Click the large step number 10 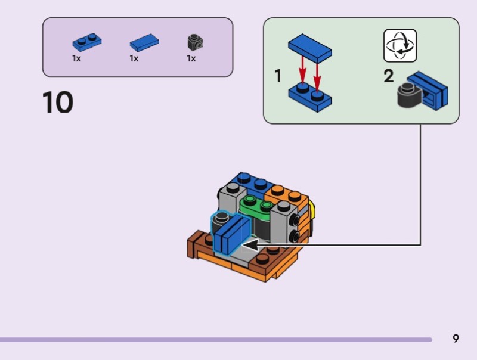point(58,103)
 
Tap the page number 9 point(456,339)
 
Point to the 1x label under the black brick point(191,58)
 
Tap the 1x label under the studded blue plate point(77,58)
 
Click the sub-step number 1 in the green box point(278,76)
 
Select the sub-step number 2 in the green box point(389,76)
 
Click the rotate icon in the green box point(400,46)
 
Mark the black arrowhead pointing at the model point(250,244)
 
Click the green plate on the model point(256,205)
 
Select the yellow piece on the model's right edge point(312,212)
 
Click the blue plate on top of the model point(250,182)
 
